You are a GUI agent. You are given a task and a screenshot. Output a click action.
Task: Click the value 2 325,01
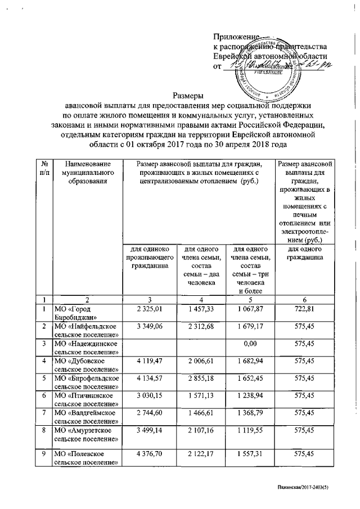[x=149, y=309]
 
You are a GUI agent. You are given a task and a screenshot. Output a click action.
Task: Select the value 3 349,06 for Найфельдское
[x=149, y=326]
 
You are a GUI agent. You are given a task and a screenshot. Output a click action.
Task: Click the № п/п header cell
[x=44, y=168]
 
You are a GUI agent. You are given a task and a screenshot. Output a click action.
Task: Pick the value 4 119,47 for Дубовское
[x=149, y=361]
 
